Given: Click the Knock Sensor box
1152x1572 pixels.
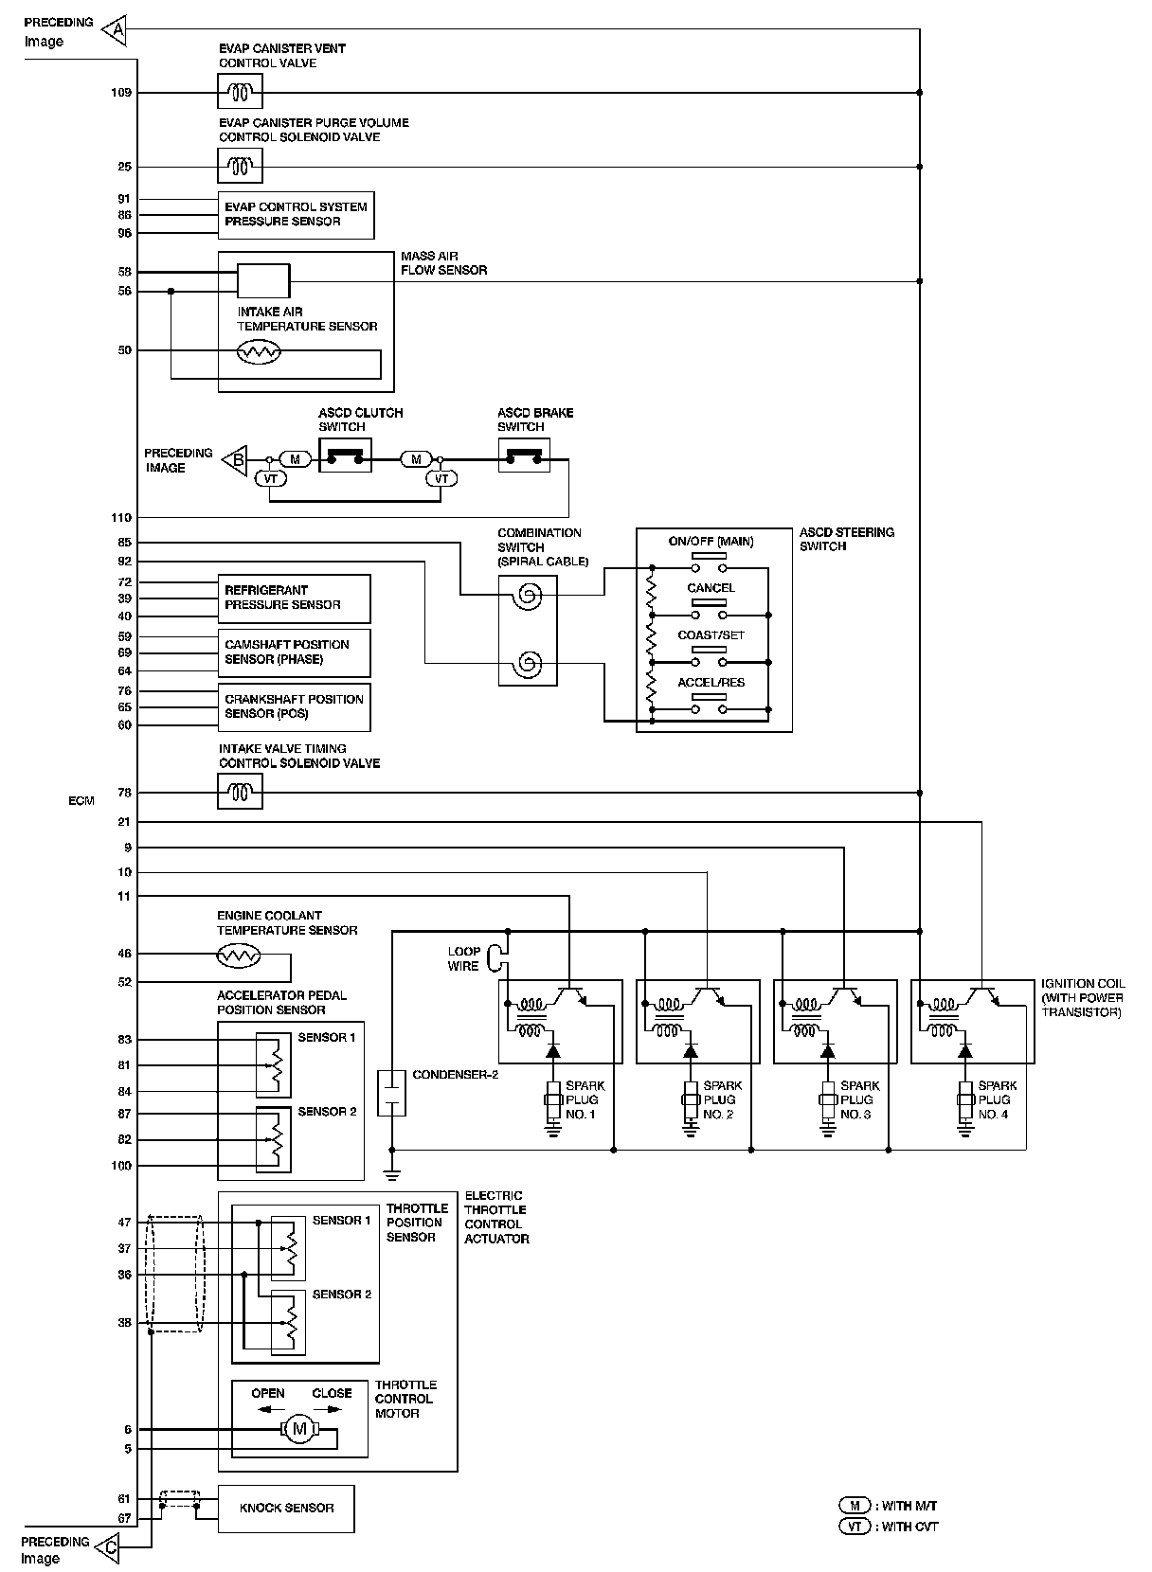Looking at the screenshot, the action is coord(286,1509).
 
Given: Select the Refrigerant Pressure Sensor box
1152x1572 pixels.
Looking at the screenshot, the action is coord(294,598).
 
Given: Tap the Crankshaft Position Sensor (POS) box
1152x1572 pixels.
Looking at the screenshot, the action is coord(294,707).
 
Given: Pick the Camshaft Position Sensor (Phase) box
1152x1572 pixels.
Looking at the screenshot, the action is coord(294,652).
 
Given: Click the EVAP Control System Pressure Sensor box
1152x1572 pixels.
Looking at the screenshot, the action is coord(296,215).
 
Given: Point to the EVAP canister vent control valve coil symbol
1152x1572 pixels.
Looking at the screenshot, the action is coord(240,92).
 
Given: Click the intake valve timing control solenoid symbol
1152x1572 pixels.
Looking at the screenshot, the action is coord(240,792).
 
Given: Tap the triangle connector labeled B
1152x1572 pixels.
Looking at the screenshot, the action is coord(235,460).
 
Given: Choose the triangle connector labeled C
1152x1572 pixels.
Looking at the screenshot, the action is coord(107,1547).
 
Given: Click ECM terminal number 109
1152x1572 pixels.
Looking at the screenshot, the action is coord(121,93).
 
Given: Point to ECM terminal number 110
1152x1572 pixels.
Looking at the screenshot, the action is coord(121,517).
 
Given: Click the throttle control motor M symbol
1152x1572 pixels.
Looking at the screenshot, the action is coord(299,1428).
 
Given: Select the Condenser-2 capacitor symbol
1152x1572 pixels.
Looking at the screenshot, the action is coord(391,1093).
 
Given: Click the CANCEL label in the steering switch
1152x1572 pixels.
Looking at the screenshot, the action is coord(711,588).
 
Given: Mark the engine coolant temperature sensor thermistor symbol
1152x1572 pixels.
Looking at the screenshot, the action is coord(239,956).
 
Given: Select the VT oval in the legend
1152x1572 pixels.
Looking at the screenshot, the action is coord(855,1527).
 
